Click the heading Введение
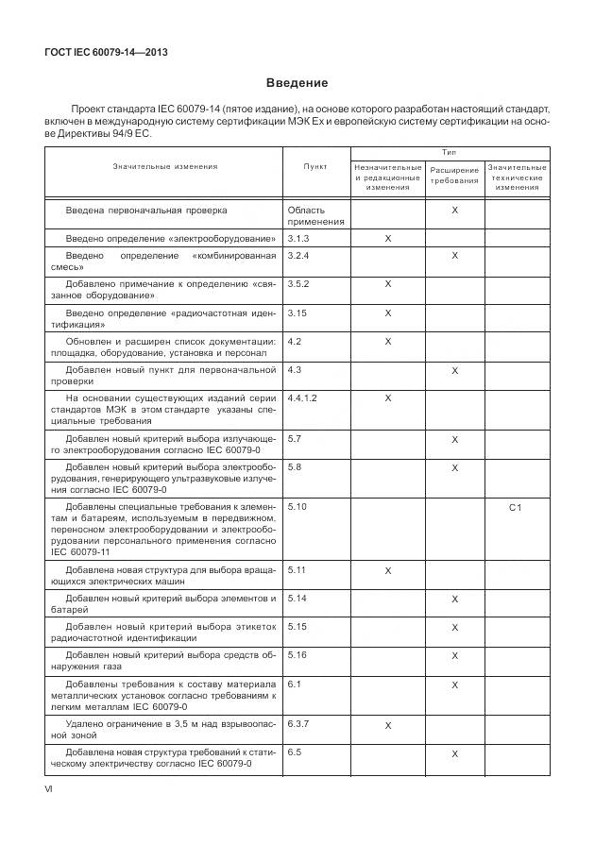point(297,83)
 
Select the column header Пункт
point(315,166)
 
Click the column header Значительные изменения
point(165,166)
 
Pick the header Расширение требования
point(454,176)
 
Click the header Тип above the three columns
point(450,152)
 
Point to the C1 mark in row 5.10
point(516,508)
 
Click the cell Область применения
point(307,215)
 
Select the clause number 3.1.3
point(298,239)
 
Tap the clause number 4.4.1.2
point(302,398)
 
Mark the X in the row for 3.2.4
point(454,256)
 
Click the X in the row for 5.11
point(388,571)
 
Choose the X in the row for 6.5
point(454,753)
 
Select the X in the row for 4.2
point(388,341)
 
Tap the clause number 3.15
point(297,313)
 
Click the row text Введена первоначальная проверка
point(146,210)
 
